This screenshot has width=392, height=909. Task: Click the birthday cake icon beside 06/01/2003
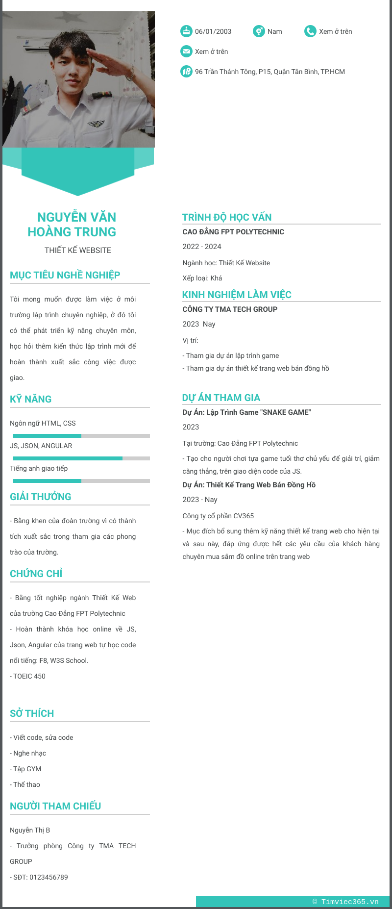point(186,31)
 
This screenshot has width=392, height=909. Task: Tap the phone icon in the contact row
point(310,31)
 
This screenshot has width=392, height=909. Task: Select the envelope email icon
point(186,51)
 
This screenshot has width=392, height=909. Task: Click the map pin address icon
point(186,72)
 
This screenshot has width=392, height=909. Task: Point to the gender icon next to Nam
point(259,31)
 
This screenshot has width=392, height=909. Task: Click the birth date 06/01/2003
point(213,31)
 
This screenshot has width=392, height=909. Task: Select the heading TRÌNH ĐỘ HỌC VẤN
point(227,217)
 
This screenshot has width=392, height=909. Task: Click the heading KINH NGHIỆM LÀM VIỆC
point(237,295)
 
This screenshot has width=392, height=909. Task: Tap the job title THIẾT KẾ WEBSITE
point(78,250)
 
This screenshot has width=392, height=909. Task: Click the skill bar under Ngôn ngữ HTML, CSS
point(81,436)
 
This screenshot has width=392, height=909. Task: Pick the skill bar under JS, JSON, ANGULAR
point(81,458)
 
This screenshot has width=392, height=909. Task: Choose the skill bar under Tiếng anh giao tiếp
point(81,481)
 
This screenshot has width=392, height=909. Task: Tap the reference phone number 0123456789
point(49,877)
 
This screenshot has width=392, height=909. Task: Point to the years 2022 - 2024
point(202,247)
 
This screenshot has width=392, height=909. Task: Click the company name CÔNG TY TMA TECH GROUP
point(230,309)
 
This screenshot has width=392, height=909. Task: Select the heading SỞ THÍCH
point(32,713)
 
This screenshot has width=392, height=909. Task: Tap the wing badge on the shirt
point(97,124)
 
